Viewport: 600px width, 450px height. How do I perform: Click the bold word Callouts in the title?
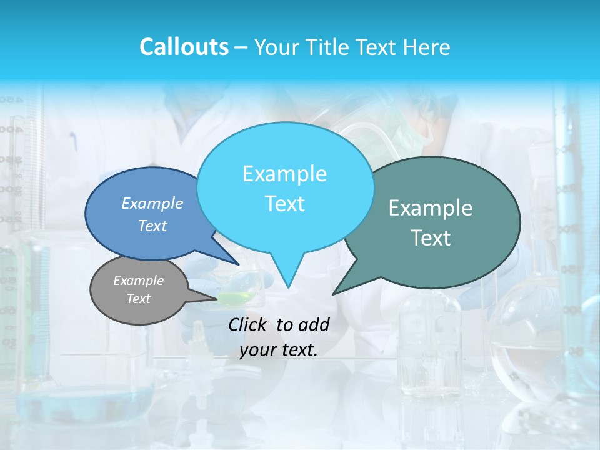(x=184, y=47)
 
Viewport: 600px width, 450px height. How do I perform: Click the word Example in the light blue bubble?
(x=284, y=174)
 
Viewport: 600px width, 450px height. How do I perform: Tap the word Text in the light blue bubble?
(x=284, y=204)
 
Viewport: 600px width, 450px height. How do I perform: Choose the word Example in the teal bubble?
(x=431, y=208)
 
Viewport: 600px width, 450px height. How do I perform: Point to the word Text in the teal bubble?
(x=431, y=238)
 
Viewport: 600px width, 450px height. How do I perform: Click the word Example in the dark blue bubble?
(x=152, y=203)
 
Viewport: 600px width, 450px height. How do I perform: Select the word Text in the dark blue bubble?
(x=152, y=226)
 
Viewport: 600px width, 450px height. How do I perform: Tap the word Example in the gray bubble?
(x=139, y=281)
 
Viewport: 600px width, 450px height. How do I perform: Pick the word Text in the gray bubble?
(x=139, y=299)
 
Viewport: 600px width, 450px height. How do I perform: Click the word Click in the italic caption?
(x=249, y=324)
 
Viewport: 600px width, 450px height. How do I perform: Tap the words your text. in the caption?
(x=279, y=350)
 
